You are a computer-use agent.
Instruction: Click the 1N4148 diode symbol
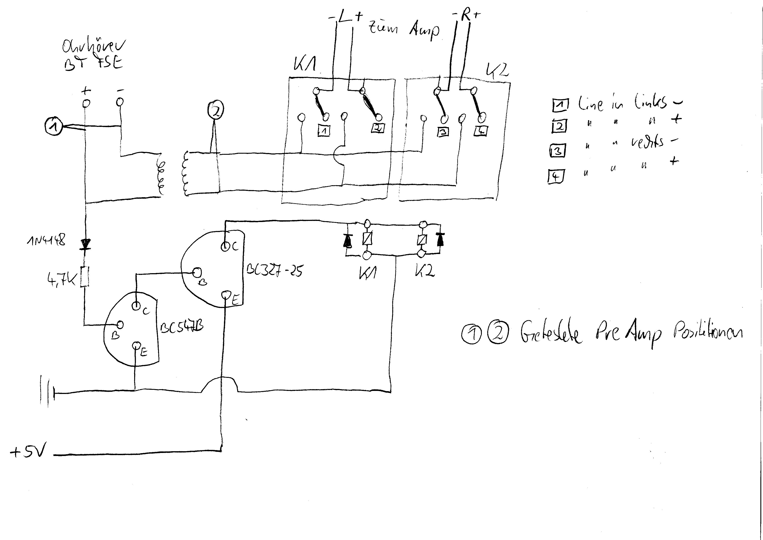(x=85, y=245)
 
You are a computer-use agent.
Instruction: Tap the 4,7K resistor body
(x=85, y=276)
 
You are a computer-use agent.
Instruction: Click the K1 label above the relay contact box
(x=305, y=64)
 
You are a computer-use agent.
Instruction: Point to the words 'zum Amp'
(x=404, y=30)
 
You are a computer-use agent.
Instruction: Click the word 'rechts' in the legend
(x=647, y=142)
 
